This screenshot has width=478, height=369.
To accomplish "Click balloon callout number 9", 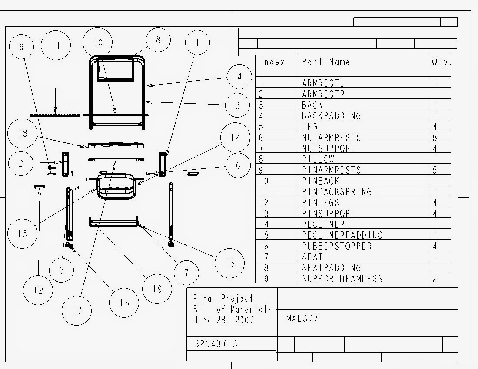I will coord(21,46).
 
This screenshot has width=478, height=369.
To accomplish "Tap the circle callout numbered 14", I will coord(235,137).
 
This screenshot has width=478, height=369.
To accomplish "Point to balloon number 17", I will coord(77,310).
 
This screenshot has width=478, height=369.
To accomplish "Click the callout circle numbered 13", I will coord(230,263).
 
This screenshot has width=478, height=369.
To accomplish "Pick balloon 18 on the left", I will coord(23,134).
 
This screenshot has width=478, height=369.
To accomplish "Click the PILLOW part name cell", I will coord(318,159).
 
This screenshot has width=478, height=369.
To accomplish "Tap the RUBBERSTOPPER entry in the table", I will coord(337,246).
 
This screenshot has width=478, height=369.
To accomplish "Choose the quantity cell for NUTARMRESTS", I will coord(435,138).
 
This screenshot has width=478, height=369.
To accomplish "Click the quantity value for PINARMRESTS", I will coord(435,170).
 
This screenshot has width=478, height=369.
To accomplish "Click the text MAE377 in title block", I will coord(302,318).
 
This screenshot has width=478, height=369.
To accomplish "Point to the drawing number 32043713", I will coord(216,344).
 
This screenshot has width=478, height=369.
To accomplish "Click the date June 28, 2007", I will coord(223,320).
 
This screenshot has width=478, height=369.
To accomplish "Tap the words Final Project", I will coord(223,299).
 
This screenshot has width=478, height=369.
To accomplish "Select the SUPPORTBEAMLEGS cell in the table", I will coord(342,278).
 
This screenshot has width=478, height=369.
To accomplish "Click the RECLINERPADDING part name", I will coord(342,235).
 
